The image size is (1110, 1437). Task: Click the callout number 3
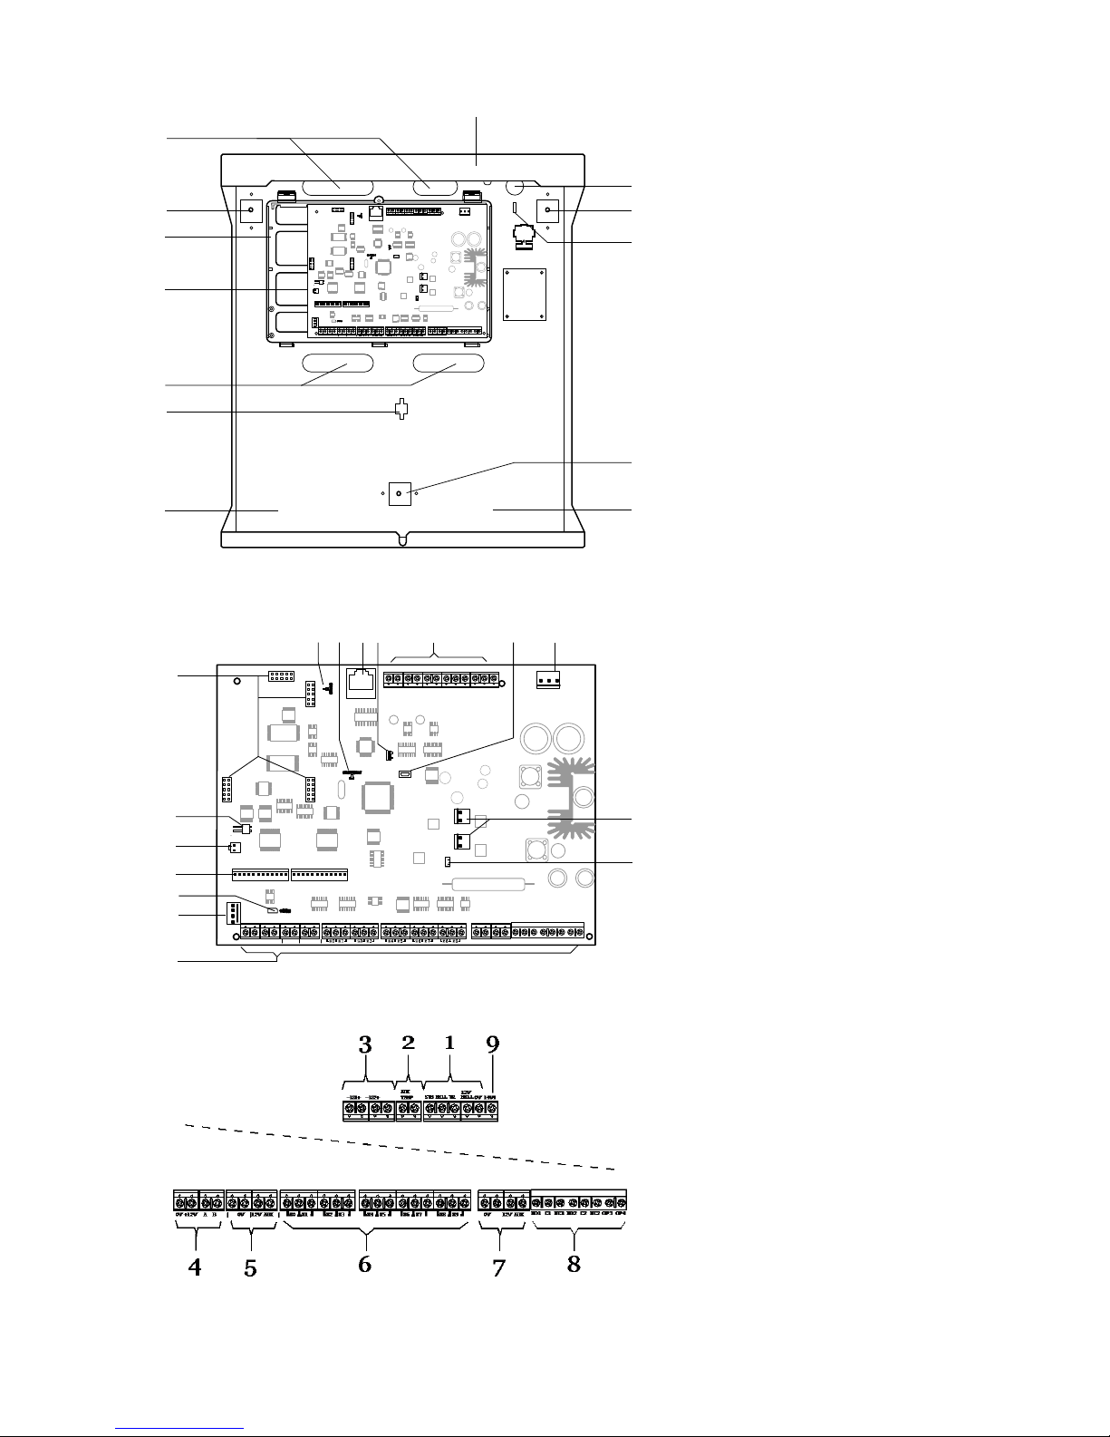coord(365,1044)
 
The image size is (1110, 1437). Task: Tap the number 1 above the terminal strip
coord(449,1043)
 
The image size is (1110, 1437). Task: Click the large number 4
coord(194,1267)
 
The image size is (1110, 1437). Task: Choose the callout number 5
coord(250,1269)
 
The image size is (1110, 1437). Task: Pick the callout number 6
coord(364,1264)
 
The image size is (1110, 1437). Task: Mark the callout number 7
coord(498,1268)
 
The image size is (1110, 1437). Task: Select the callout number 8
coord(574,1263)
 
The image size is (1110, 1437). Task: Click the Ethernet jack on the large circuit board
coord(362,680)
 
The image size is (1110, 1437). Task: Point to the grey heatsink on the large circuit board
coord(566,793)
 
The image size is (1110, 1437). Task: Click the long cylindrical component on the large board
coord(488,885)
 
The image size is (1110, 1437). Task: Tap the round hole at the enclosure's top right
coord(516,188)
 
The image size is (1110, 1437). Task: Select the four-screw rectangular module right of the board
coord(525,294)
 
